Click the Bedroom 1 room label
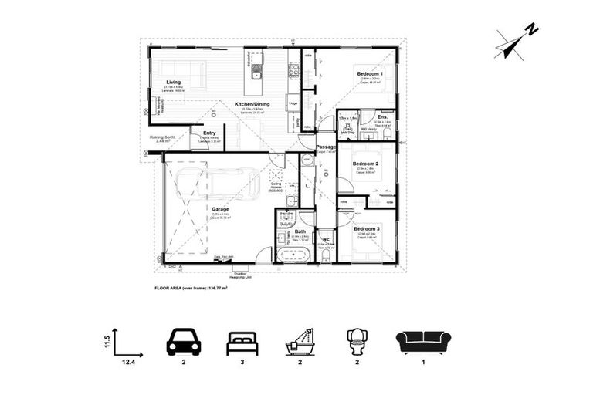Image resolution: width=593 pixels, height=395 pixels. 369,75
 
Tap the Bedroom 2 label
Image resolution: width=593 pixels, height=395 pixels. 365,164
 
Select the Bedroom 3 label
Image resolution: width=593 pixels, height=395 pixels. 367,229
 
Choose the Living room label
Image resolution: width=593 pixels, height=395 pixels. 173,81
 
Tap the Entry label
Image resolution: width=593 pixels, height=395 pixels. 208,133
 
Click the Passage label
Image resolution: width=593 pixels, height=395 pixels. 326,146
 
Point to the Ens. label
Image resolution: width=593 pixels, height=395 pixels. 383,116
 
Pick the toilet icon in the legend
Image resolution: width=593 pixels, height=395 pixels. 357,341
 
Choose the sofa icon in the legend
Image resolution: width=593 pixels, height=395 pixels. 423,342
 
